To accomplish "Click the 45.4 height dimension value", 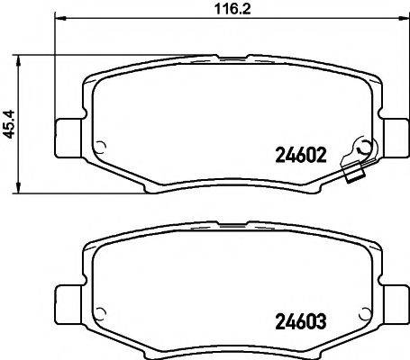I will point(10,122).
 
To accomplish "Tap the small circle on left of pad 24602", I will point(100,150).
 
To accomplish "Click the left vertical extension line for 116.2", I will point(56,72).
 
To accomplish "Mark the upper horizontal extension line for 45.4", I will point(54,55).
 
